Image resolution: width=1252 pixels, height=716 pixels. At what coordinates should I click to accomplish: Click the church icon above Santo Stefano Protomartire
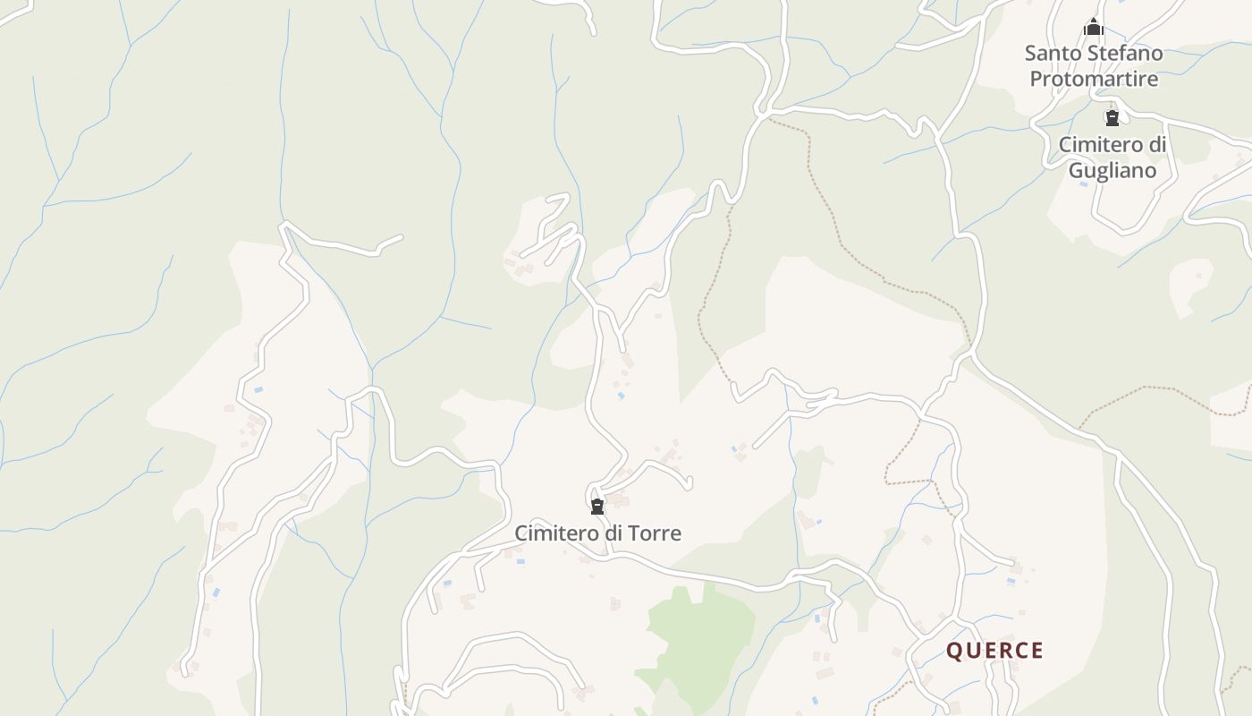(1093, 28)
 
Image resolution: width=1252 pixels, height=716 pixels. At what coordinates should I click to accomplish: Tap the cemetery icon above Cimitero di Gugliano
(1112, 118)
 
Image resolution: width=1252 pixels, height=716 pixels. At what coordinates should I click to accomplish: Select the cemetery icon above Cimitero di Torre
(597, 507)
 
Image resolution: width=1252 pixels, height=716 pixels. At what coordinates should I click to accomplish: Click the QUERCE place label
(994, 651)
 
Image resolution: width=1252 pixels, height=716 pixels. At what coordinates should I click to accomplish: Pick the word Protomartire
(1094, 79)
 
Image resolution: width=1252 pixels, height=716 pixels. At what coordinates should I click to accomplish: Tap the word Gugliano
(1112, 170)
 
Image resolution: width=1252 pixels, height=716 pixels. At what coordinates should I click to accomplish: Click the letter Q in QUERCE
(954, 651)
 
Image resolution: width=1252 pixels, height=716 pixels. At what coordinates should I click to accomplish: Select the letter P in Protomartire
(1036, 79)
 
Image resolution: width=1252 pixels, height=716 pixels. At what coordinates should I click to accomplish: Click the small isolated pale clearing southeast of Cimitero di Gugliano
(1190, 285)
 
